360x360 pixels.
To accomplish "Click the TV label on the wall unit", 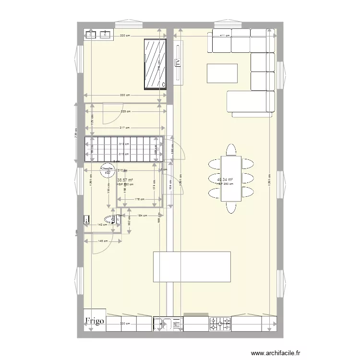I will pos(178,63).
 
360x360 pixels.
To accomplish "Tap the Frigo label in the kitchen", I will pos(95,321).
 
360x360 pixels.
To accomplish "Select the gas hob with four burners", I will pos(220,324).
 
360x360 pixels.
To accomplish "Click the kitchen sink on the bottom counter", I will pos(163,324).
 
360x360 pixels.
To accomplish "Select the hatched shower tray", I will pos(155,64).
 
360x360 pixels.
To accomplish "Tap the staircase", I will pos(123,149).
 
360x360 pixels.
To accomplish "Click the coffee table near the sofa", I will pos(222,73).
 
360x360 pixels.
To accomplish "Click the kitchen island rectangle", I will pos(192,266).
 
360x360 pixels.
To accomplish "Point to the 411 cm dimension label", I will pos(224,36).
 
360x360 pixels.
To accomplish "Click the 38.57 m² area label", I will pos(125,180).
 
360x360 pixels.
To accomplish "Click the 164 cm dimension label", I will pos(143,216).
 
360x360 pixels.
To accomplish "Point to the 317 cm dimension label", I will pos(124,127).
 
